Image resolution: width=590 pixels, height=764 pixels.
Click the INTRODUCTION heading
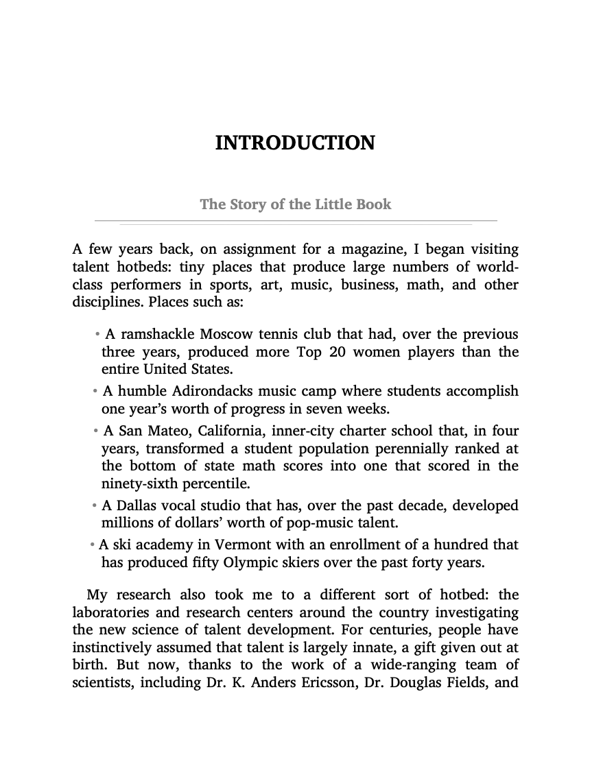[x=295, y=143]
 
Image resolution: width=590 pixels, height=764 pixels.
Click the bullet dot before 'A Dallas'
[x=95, y=506]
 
